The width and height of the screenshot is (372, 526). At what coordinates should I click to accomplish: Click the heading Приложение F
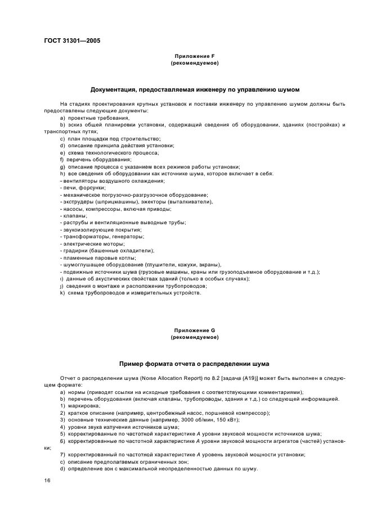coord(194,56)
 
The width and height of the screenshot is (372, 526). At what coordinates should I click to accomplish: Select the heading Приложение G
coord(194,330)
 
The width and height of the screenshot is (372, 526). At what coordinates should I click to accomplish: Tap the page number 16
coord(47,480)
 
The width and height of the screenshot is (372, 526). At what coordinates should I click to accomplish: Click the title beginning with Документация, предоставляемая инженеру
coord(194,89)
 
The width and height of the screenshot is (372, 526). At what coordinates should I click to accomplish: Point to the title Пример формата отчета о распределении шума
coord(194,364)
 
